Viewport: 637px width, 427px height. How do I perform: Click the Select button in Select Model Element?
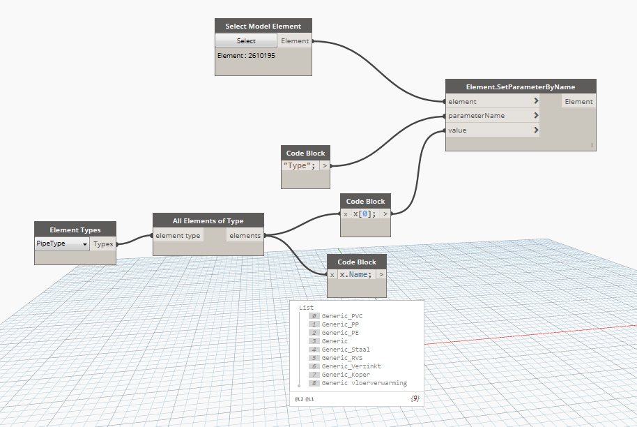246,40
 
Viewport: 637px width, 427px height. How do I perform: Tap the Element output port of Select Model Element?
295,40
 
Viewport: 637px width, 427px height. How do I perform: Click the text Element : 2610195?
246,55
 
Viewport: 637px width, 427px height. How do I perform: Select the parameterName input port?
493,116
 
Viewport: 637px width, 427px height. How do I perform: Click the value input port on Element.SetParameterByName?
493,130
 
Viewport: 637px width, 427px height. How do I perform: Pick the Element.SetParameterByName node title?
521,87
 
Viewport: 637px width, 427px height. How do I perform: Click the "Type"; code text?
300,165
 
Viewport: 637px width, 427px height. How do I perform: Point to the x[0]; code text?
364,213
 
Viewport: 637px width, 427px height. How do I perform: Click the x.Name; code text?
355,274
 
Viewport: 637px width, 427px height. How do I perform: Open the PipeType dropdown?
62,244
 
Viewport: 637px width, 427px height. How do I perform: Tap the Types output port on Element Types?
103,244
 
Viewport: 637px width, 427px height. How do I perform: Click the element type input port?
178,235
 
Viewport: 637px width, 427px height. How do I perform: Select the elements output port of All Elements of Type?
245,235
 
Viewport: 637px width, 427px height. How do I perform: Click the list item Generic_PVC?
342,316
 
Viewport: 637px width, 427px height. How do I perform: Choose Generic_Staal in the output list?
346,350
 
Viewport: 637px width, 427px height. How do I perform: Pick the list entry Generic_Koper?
346,375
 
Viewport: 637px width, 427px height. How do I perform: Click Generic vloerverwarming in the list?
364,383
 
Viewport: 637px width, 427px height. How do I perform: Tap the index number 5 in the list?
314,358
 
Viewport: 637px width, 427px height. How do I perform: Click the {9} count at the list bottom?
415,398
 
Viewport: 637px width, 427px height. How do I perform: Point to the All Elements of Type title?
208,220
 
